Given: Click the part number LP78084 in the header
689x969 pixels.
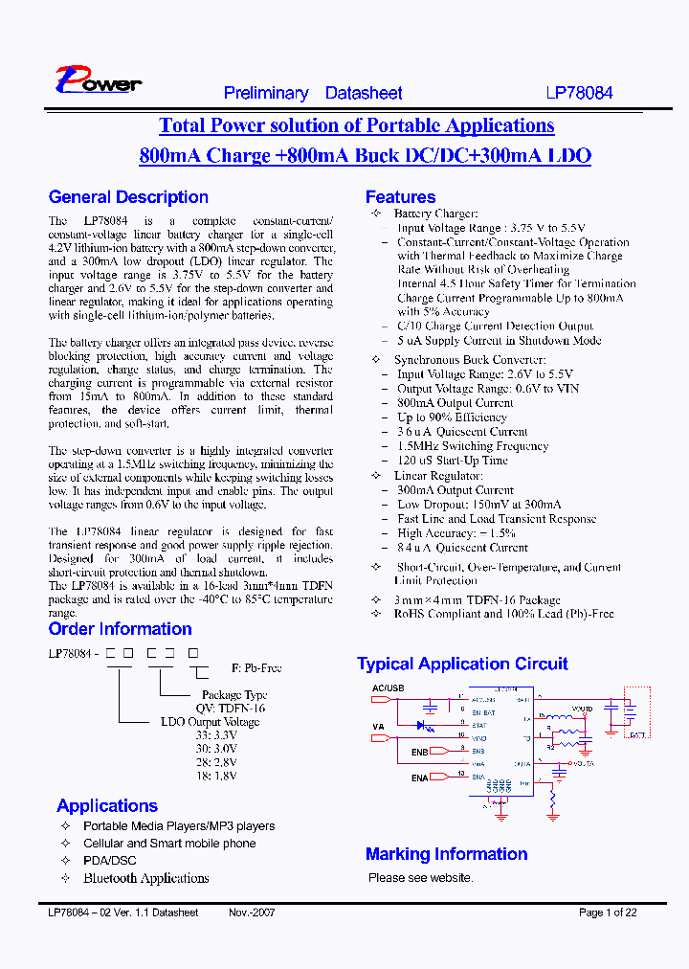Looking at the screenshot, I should click(579, 93).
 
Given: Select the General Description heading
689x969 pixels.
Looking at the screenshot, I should click(128, 197).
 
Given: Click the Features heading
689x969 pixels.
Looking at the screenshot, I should click(400, 197).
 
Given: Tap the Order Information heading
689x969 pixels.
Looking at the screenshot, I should click(120, 629).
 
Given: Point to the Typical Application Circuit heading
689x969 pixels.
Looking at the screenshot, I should click(462, 664).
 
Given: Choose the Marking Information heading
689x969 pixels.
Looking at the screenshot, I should click(446, 854).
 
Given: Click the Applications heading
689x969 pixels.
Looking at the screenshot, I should click(107, 806).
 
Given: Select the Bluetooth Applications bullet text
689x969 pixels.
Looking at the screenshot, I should click(145, 878).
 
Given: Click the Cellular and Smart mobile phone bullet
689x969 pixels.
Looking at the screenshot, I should click(169, 844).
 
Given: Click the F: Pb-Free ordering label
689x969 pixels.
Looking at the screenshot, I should click(256, 668).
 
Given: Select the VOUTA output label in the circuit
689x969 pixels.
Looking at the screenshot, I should click(584, 764).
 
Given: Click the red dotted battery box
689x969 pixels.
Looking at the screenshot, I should click(636, 713).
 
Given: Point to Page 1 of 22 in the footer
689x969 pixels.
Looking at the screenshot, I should click(608, 913).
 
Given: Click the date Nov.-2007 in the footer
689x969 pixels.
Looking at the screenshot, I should click(252, 913).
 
